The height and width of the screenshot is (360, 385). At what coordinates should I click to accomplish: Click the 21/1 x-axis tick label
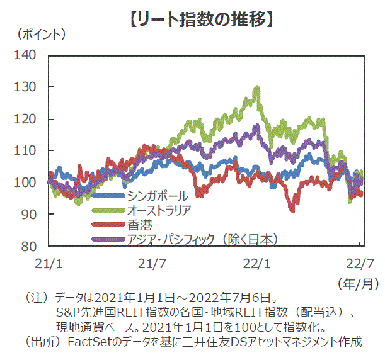[49, 261]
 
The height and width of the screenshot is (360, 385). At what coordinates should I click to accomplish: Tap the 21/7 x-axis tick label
[152, 261]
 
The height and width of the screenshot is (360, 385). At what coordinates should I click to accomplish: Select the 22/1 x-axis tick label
[257, 261]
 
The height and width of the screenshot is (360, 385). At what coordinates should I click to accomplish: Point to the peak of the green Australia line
[258, 87]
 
